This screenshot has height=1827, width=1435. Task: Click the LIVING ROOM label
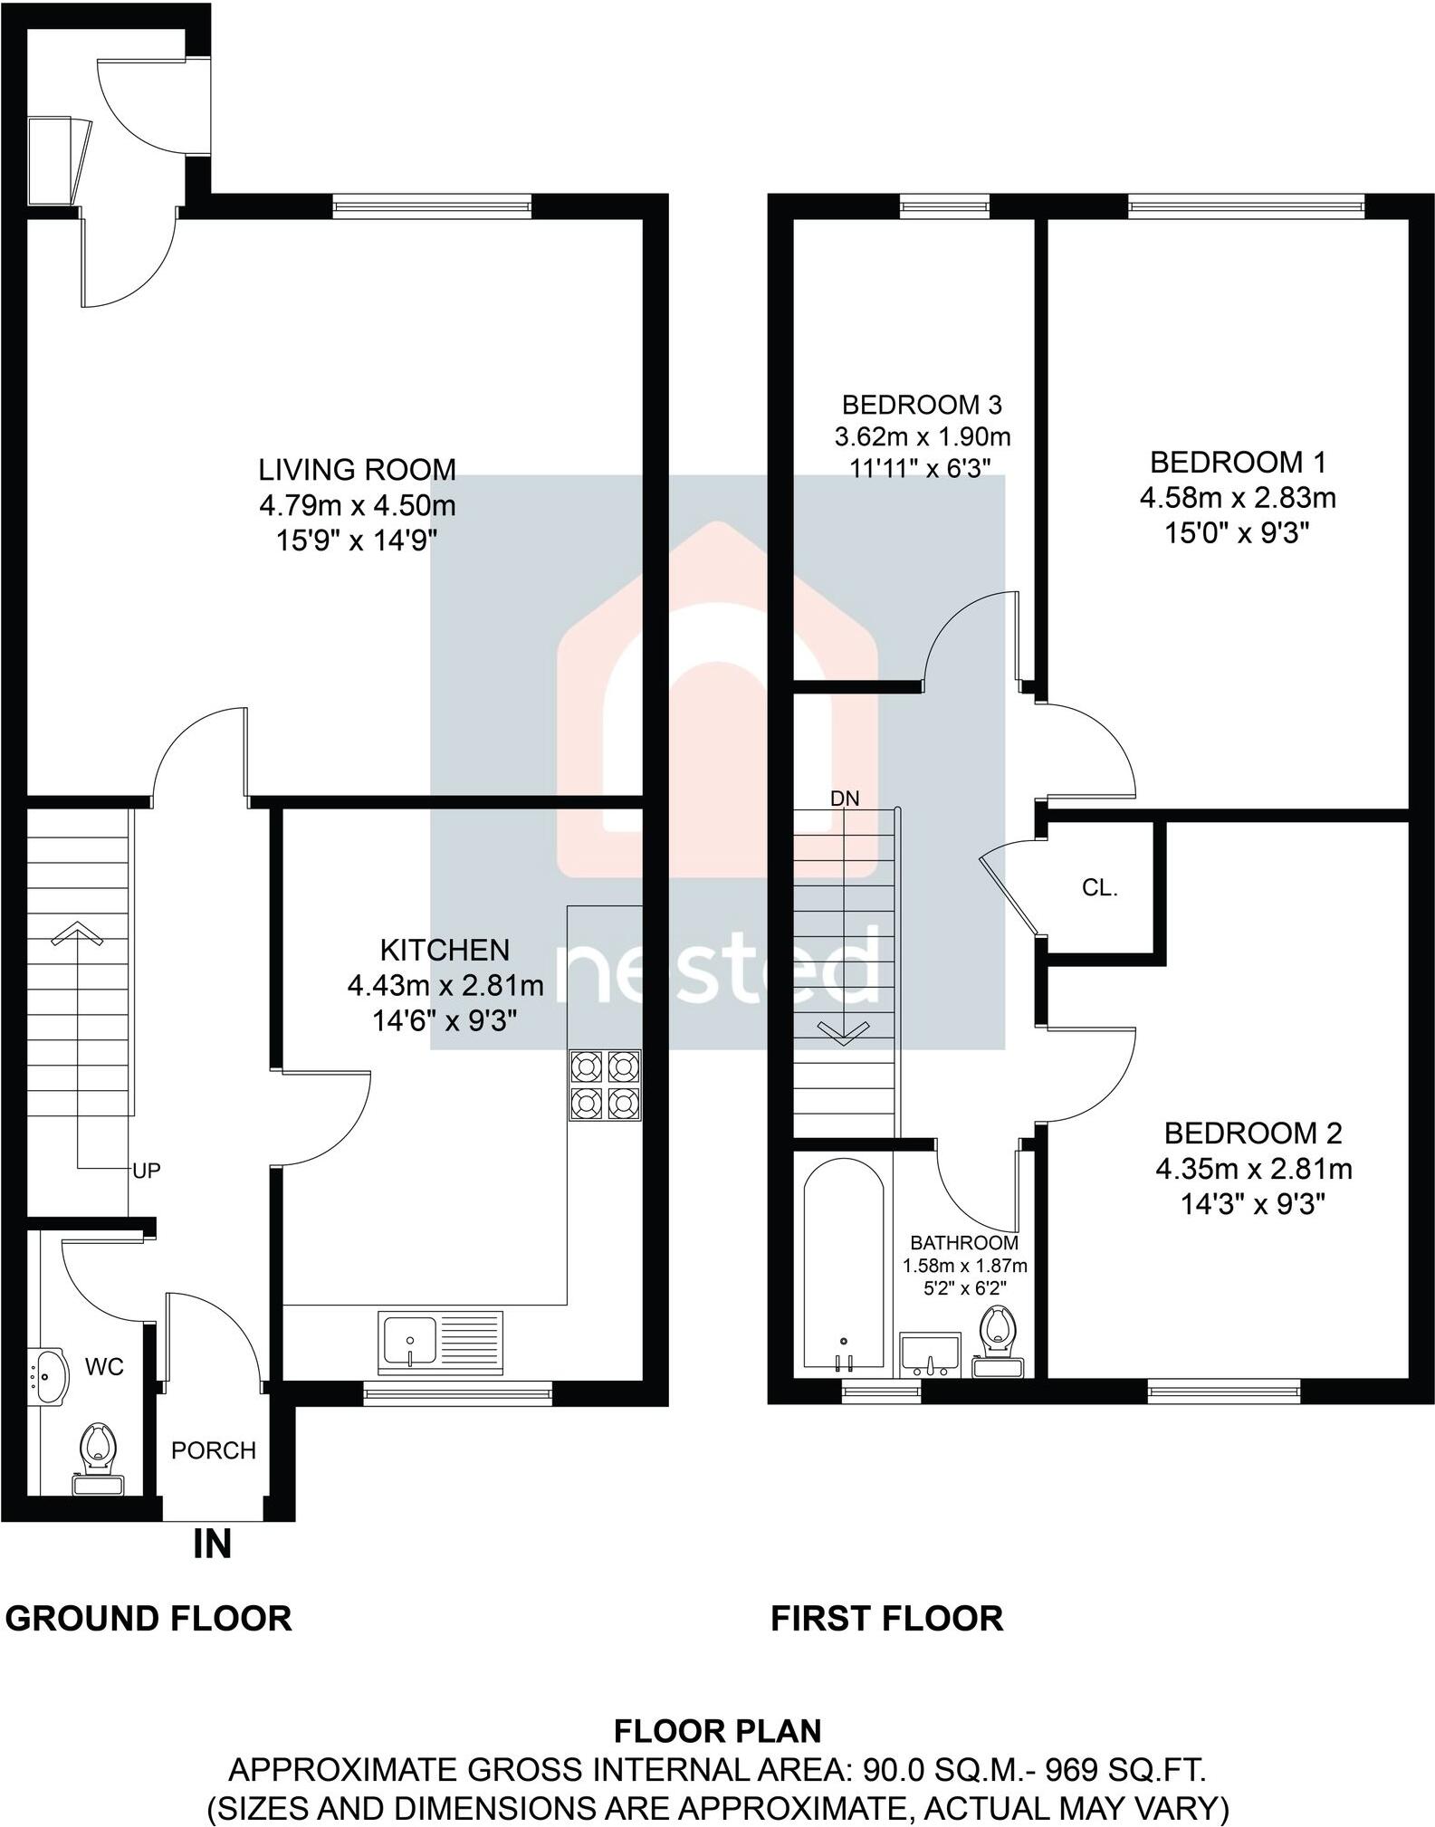point(357,469)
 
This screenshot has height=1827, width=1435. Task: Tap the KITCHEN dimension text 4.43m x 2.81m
point(445,985)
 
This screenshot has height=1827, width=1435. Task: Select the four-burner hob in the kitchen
point(605,1085)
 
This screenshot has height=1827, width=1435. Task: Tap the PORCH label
point(214,1450)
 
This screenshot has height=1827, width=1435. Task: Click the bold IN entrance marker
point(212,1545)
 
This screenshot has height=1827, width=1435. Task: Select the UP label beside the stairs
point(146,1171)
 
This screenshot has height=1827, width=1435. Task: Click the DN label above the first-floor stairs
point(844,799)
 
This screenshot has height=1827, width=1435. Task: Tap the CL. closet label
point(1099,888)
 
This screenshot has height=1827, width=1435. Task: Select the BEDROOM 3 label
point(922,404)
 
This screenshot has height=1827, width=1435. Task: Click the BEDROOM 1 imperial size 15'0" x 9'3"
point(1238,533)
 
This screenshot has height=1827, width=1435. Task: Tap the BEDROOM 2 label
point(1252,1133)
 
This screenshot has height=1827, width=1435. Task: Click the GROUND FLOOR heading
point(148,1618)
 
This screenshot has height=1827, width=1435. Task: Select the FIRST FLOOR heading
point(886,1618)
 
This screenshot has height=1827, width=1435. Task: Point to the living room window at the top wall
point(432,207)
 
